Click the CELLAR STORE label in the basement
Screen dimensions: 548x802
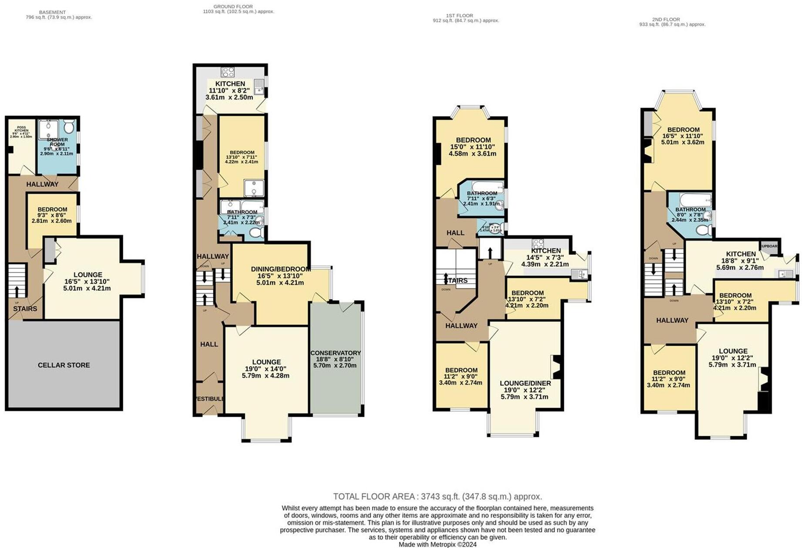(64, 365)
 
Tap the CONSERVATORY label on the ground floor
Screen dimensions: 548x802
(335, 353)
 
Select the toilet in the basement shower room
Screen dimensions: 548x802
(69, 127)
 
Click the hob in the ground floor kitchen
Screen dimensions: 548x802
(228, 72)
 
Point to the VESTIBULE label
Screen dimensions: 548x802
(210, 399)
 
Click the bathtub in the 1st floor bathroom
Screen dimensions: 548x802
(487, 187)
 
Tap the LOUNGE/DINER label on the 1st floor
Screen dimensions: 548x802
(525, 383)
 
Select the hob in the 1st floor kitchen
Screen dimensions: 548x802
(538, 243)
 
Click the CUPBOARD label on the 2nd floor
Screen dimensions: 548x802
(769, 246)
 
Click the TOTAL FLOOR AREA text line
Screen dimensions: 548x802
(437, 497)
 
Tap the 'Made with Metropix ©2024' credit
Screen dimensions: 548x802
(437, 544)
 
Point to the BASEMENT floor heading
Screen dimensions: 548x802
(52, 12)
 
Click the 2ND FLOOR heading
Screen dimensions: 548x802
(666, 19)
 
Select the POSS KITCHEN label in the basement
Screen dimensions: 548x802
(21, 129)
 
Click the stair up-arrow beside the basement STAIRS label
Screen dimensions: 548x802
(17, 290)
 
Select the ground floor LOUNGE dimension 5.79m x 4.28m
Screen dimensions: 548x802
(265, 375)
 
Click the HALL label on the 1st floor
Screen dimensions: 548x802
(455, 233)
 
